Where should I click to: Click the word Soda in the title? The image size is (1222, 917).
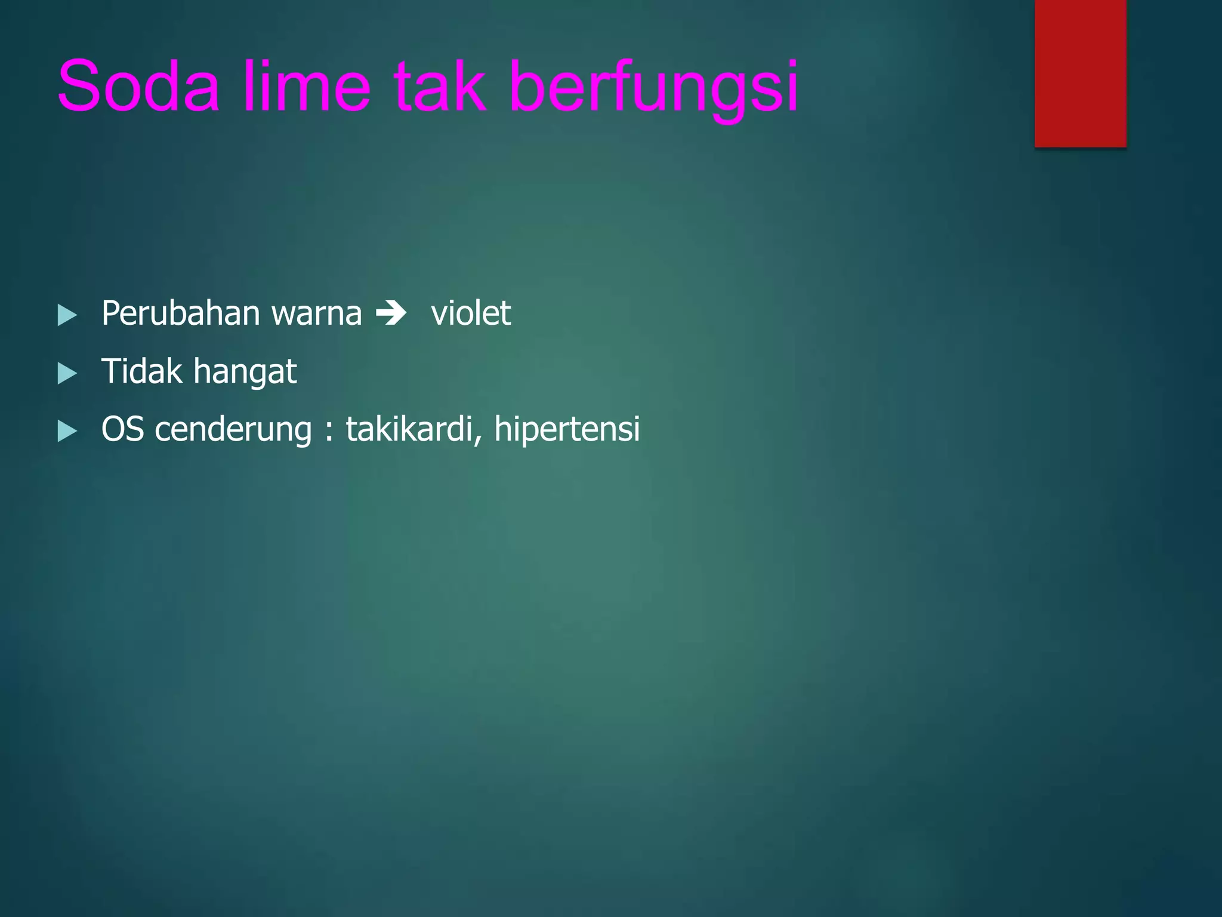[138, 86]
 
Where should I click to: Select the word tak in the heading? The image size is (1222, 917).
[439, 86]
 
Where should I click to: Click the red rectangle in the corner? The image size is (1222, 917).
[1080, 73]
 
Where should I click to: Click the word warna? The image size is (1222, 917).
[316, 313]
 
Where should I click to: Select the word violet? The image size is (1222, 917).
[471, 313]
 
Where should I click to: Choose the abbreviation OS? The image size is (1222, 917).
[122, 429]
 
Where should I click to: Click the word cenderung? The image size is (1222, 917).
[233, 429]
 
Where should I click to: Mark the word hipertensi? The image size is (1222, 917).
[567, 430]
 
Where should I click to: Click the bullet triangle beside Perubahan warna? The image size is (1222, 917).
[67, 315]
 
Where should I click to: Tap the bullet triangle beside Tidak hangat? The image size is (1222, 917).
[67, 374]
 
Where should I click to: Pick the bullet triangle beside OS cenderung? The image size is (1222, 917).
[67, 431]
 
